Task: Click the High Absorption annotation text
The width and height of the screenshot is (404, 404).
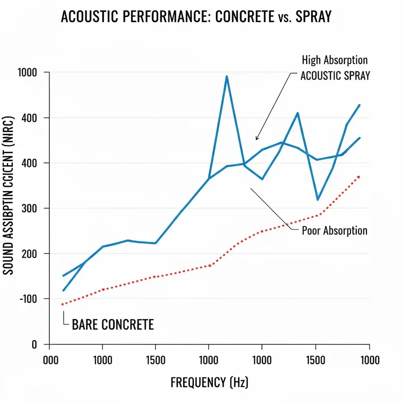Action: point(334,60)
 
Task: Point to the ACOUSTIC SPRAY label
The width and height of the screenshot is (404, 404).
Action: point(335,75)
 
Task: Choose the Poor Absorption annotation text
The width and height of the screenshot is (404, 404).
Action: point(334,231)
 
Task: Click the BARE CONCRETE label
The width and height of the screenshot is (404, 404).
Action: point(113,325)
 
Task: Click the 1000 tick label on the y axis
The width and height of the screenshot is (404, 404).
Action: point(27,73)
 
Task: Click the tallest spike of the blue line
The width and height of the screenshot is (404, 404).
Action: point(226,77)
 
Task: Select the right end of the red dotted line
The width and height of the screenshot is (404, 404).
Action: point(359,176)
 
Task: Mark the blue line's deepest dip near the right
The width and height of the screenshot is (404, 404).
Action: point(318,200)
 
